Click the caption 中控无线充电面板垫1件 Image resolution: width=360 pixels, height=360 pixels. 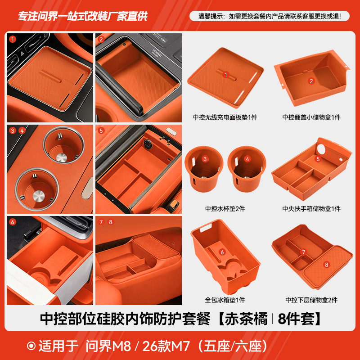(x=225, y=117)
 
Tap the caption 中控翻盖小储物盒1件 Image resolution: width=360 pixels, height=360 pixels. (x=311, y=117)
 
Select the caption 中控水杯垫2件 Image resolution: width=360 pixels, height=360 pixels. (x=225, y=208)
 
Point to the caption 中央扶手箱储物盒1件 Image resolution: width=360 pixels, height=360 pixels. (x=311, y=208)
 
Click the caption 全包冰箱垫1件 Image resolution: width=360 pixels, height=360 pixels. (x=225, y=300)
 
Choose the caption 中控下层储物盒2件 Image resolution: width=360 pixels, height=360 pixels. (x=311, y=300)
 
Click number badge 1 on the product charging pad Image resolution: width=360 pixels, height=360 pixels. (x=226, y=75)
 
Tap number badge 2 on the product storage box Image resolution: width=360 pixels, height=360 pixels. (x=311, y=81)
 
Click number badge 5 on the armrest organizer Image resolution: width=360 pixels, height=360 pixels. (x=318, y=159)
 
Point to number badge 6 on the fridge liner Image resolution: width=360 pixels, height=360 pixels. (x=222, y=252)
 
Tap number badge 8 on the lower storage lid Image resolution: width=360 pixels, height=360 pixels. (x=327, y=265)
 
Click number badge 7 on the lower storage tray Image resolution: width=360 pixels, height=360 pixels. (x=303, y=252)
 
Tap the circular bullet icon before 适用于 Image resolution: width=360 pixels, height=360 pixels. (x=31, y=346)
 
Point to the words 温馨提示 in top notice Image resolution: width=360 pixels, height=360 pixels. (x=211, y=16)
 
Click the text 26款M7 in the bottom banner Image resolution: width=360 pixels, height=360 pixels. (x=170, y=346)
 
